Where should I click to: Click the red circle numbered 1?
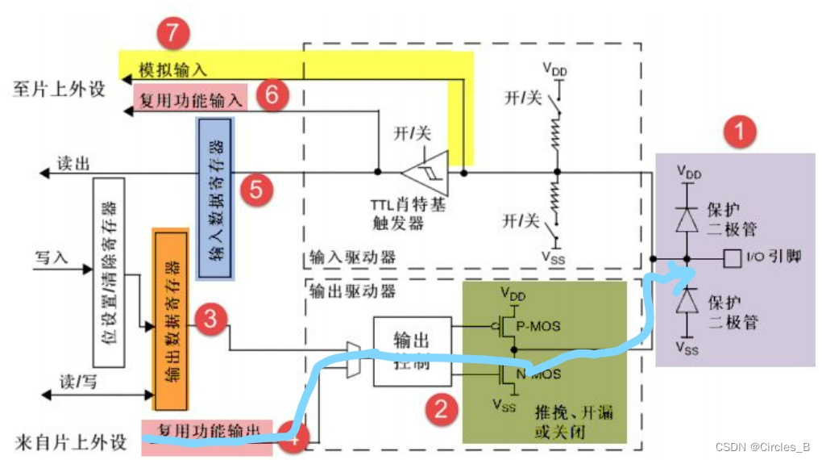pos(739,132)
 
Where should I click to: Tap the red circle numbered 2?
pos(440,409)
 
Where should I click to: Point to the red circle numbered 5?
pos(255,190)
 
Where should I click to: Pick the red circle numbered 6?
pos(272,96)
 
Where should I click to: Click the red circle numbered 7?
pos(172,35)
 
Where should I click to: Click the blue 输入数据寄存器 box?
pos(215,199)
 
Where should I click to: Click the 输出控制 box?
pos(412,350)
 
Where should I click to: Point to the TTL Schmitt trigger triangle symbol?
pos(426,172)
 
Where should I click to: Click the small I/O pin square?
pos(732,258)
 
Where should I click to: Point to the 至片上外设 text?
pos(58,89)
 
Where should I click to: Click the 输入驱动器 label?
pos(353,258)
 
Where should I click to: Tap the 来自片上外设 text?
pos(71,442)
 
